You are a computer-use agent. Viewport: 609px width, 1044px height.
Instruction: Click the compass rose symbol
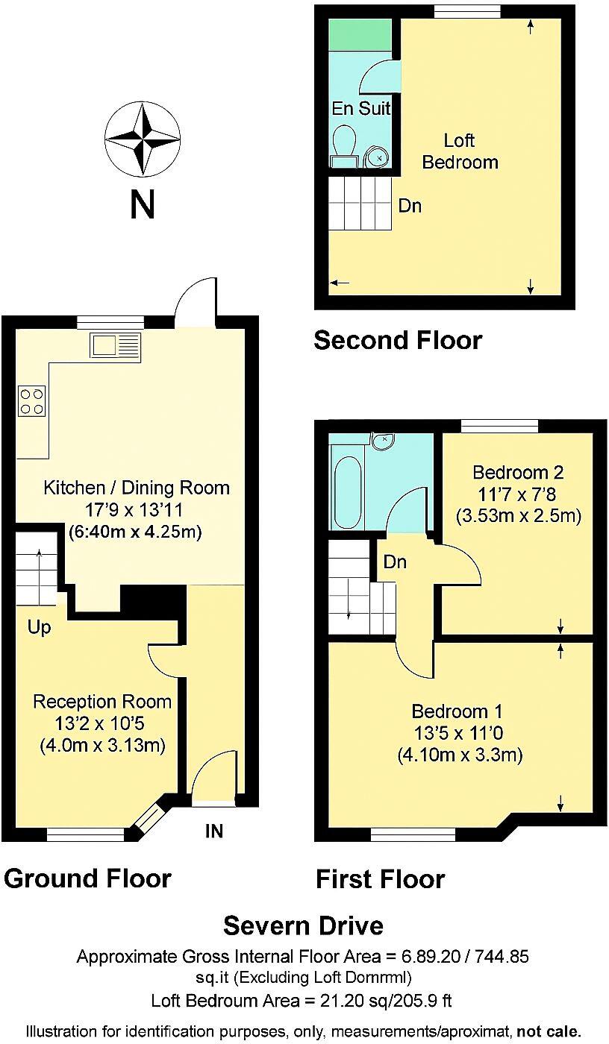click(142, 139)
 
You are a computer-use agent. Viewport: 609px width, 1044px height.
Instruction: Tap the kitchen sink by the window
click(114, 345)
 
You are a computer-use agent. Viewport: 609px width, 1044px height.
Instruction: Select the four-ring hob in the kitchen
click(31, 400)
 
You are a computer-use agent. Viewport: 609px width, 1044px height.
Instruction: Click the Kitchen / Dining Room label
click(137, 488)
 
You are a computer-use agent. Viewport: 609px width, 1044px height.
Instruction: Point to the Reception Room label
click(102, 702)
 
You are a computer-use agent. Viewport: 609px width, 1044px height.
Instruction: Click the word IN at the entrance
click(214, 831)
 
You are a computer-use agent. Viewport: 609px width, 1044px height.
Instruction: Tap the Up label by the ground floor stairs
click(39, 628)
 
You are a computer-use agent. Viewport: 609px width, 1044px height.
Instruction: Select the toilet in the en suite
click(344, 145)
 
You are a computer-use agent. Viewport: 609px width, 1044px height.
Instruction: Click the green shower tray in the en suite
click(361, 34)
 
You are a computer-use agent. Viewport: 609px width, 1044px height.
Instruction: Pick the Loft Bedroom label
click(460, 151)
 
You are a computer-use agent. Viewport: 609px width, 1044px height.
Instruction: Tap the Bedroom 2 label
click(518, 472)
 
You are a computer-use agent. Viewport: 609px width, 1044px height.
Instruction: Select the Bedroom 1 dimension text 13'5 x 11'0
click(459, 732)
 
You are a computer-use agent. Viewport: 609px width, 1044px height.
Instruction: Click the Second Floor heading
click(398, 340)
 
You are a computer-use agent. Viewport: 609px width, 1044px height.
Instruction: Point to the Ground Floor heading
click(87, 878)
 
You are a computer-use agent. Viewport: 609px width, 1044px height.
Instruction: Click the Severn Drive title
click(304, 925)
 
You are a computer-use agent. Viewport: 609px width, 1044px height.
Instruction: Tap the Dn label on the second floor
click(410, 206)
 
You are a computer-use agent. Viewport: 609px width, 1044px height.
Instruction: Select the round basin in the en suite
click(379, 157)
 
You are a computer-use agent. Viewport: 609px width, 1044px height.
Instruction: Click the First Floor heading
click(381, 879)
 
